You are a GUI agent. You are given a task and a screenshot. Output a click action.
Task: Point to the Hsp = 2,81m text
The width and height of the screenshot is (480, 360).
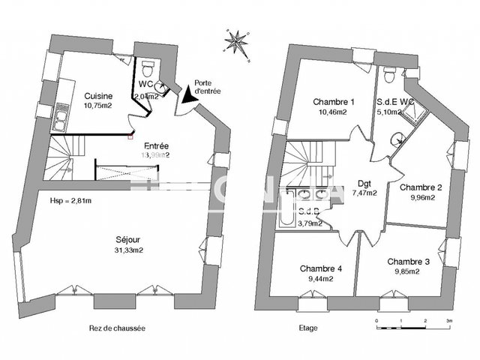[71, 201]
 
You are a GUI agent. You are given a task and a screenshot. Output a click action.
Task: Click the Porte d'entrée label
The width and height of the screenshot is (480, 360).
[207, 87]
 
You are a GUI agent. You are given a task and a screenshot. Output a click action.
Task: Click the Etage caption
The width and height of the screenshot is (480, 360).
[308, 328]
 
